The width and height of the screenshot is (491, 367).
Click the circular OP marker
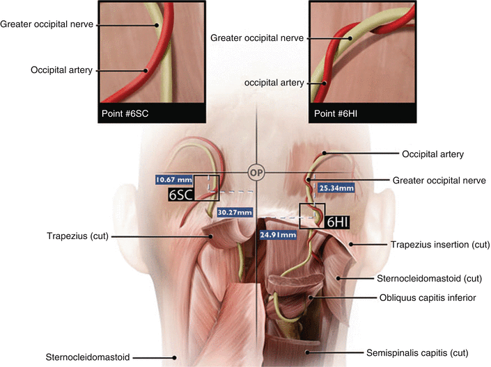256,170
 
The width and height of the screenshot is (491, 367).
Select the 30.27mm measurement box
234,212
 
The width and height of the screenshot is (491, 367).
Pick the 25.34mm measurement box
336,188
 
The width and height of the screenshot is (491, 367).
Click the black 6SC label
180,196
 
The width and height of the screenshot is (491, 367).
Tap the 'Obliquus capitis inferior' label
427,297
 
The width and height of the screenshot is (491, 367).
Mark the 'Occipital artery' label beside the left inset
61,70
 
